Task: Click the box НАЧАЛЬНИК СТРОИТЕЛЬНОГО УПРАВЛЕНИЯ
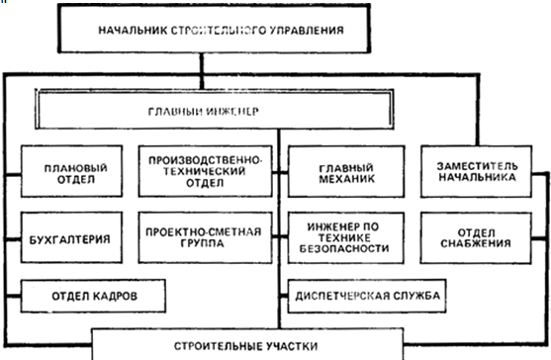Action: coord(214,29)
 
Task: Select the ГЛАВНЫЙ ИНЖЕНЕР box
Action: coord(215,109)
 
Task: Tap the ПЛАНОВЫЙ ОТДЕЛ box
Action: coord(71,171)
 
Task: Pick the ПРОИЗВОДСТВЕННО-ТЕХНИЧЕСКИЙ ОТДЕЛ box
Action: coord(205,171)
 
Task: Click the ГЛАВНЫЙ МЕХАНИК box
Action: coord(346,172)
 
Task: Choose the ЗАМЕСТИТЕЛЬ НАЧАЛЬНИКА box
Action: coord(476,172)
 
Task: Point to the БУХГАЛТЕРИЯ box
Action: coord(71,237)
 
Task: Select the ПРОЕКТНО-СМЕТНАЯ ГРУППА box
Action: coord(205,237)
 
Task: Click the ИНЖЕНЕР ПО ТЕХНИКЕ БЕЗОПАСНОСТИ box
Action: coord(346,237)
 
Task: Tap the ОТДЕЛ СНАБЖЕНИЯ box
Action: coord(476,237)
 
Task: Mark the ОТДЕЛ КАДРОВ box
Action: coord(93,296)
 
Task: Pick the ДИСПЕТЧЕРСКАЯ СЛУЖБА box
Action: coord(367,296)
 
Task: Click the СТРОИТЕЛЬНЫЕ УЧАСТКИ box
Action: coord(247,344)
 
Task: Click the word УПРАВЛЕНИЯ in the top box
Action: coord(307,30)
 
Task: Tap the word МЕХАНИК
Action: coord(347,179)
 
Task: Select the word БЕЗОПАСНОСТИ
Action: coord(344,248)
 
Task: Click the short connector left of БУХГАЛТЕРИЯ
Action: coord(13,239)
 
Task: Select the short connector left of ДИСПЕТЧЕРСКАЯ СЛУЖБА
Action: coord(284,296)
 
